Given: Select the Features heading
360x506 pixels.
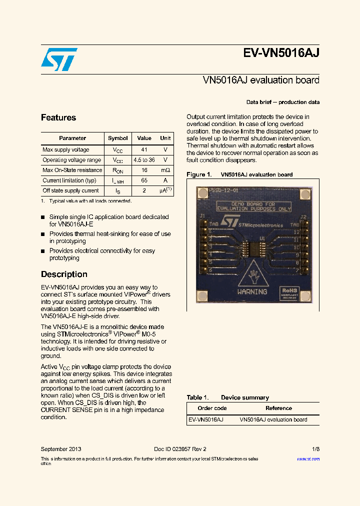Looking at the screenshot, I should click(x=58, y=117).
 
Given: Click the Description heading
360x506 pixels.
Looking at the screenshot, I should click(x=64, y=274).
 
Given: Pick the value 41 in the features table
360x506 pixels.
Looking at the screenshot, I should click(x=144, y=149).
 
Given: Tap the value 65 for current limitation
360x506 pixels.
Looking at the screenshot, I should click(x=144, y=180).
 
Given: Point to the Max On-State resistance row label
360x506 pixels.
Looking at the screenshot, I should click(x=72, y=170).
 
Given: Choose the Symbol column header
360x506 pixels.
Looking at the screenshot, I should click(x=118, y=138).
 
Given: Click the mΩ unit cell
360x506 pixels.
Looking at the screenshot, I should click(x=165, y=170).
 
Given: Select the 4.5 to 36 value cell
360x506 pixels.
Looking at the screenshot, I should click(x=144, y=160).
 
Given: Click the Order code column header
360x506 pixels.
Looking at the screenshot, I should click(x=212, y=408).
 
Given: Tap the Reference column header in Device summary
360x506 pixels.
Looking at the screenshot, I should click(x=278, y=408).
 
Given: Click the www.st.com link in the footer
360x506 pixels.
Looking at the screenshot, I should click(x=308, y=458).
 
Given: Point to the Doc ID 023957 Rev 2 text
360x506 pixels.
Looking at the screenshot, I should click(x=180, y=449).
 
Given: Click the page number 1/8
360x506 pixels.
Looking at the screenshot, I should click(x=315, y=449).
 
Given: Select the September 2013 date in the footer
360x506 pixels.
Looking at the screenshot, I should click(x=61, y=449).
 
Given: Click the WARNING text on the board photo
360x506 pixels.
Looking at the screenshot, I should click(x=252, y=291).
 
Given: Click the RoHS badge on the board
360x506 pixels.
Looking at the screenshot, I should click(x=289, y=290).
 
